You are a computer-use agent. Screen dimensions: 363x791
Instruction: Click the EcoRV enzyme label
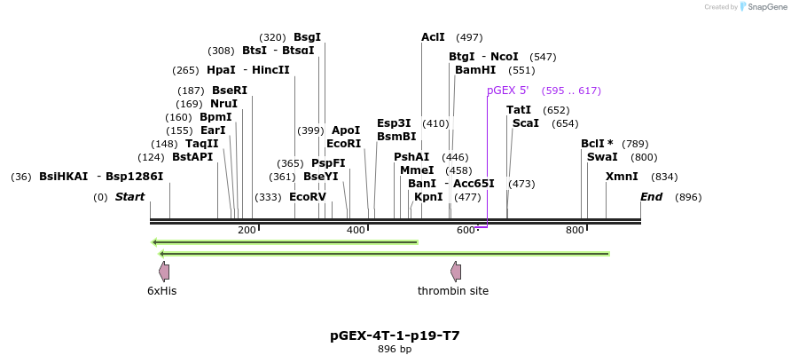pos(308,197)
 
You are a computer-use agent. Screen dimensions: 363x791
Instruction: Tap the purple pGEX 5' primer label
pos(507,91)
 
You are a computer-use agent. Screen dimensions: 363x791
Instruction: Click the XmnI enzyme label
pos(622,177)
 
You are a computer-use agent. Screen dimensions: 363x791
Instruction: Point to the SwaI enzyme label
pos(602,157)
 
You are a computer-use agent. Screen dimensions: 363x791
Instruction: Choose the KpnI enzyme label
pos(428,197)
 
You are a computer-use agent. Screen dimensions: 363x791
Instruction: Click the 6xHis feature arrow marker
pos(163,272)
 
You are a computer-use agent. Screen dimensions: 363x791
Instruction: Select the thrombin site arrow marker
pos(455,272)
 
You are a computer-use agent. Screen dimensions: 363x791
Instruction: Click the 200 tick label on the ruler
pos(247,231)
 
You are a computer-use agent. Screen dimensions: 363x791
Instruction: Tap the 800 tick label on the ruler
pos(575,231)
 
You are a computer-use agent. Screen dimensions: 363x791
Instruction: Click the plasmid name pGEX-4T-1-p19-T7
pos(395,336)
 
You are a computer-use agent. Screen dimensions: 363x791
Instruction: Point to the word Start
pos(129,197)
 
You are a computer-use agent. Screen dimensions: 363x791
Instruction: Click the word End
pos(652,197)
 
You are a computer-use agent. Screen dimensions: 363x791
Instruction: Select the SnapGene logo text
pos(764,7)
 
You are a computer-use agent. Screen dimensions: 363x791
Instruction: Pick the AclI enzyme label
pos(433,37)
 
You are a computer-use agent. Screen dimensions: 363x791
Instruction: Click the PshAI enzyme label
pos(411,157)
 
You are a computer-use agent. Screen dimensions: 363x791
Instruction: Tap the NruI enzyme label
pos(223,104)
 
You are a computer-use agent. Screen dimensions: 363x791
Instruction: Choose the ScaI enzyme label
pos(525,123)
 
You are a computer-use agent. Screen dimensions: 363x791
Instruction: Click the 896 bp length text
pos(395,350)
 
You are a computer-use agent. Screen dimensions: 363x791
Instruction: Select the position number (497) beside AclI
pos(469,37)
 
